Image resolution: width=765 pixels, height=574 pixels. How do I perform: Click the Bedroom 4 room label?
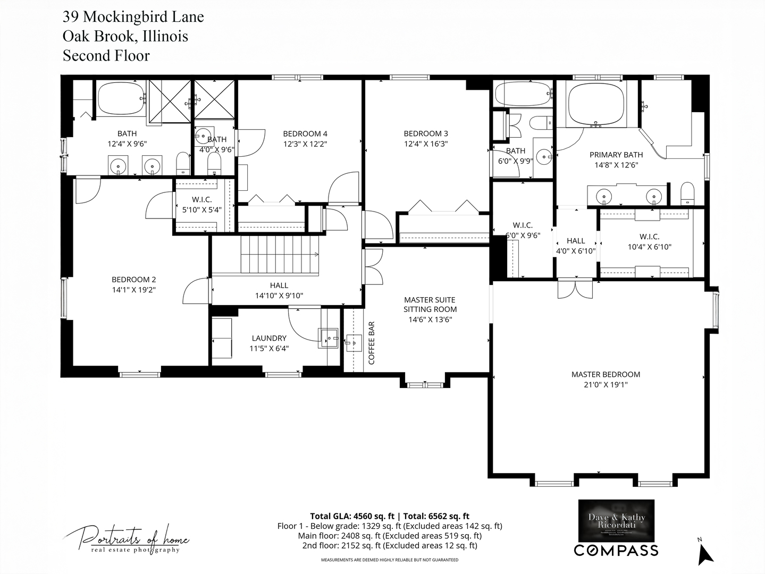click(305, 134)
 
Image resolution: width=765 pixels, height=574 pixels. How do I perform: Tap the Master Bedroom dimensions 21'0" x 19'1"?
click(606, 384)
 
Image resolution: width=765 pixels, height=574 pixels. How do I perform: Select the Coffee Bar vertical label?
click(372, 343)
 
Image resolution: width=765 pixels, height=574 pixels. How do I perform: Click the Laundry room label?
click(269, 338)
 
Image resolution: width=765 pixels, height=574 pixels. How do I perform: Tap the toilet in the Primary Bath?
click(687, 194)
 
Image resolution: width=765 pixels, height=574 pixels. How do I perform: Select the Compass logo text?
click(616, 550)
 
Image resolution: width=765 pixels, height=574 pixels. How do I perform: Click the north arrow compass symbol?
click(705, 553)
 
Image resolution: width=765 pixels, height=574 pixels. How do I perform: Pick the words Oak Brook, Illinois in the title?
click(125, 36)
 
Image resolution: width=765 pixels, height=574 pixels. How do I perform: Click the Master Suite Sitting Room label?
click(430, 305)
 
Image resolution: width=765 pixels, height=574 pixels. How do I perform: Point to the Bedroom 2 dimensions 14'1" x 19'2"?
click(133, 290)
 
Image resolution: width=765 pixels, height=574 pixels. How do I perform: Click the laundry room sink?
click(329, 337)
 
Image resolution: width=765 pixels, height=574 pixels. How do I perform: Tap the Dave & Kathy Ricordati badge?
click(616, 520)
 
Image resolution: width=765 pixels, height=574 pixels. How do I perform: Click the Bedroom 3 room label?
click(426, 134)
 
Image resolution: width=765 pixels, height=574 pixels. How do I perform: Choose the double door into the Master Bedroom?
click(575, 289)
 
